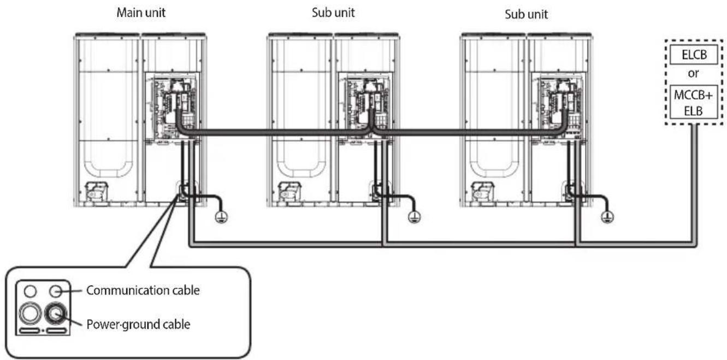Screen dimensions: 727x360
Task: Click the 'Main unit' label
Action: coord(141,13)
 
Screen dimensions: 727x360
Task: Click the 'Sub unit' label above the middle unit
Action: coord(333,13)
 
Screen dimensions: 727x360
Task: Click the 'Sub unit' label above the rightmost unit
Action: coord(526,14)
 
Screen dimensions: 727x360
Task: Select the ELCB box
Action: coord(694,55)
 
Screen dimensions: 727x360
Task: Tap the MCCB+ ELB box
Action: coord(694,102)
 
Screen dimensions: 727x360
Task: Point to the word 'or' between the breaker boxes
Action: coord(693,73)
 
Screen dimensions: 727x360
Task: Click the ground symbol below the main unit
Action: coord(221,217)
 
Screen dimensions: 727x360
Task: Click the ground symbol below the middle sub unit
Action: coord(415,217)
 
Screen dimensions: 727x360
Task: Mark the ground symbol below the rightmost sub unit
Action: coord(607,217)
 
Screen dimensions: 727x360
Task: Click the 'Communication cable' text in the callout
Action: coord(143,291)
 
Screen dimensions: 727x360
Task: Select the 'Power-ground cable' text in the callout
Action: coord(138,324)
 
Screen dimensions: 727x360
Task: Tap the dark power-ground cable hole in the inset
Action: coord(56,314)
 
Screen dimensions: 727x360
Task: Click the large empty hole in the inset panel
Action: coord(30,314)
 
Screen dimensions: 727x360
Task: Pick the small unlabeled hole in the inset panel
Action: coord(30,291)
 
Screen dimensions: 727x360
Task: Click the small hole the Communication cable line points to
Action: coord(56,291)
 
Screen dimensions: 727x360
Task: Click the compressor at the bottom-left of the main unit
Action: coord(96,192)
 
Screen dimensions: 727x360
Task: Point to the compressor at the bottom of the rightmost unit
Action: coord(483,192)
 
